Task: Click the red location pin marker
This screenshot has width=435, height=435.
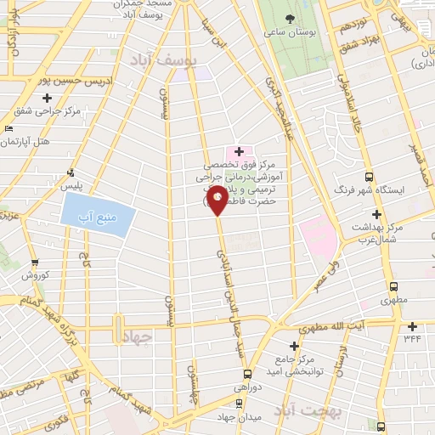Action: pyautogui.click(x=217, y=201)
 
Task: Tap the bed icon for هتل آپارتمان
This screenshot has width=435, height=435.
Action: pyautogui.click(x=8, y=127)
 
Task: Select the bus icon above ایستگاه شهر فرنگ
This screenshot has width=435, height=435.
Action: pyautogui.click(x=368, y=176)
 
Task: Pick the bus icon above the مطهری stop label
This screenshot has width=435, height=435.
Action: pyautogui.click(x=392, y=287)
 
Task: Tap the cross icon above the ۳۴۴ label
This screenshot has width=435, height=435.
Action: pyautogui.click(x=412, y=326)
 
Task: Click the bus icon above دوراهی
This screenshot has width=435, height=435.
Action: pyautogui.click(x=248, y=373)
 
